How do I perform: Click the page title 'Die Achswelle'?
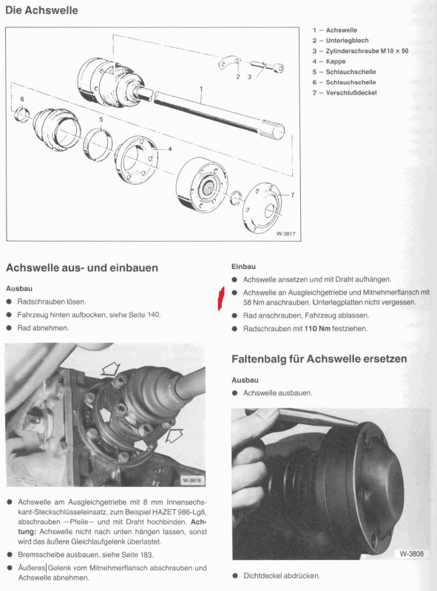[41, 10]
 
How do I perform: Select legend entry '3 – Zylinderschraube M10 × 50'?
[360, 51]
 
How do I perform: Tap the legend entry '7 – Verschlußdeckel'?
[345, 93]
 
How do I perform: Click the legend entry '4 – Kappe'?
[329, 61]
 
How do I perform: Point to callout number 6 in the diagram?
[22, 99]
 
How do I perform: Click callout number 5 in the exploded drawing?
[101, 120]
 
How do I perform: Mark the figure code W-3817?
[285, 233]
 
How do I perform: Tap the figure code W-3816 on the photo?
[192, 480]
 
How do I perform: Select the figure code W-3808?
[411, 553]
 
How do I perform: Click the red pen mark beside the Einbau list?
[221, 298]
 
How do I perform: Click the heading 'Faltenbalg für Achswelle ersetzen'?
[319, 358]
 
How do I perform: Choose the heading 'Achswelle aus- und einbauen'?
[82, 268]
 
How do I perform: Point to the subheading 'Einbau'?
[243, 267]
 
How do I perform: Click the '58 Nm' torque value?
[254, 302]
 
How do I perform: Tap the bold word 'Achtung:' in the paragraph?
[199, 527]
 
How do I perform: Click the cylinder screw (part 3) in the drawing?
[267, 66]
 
